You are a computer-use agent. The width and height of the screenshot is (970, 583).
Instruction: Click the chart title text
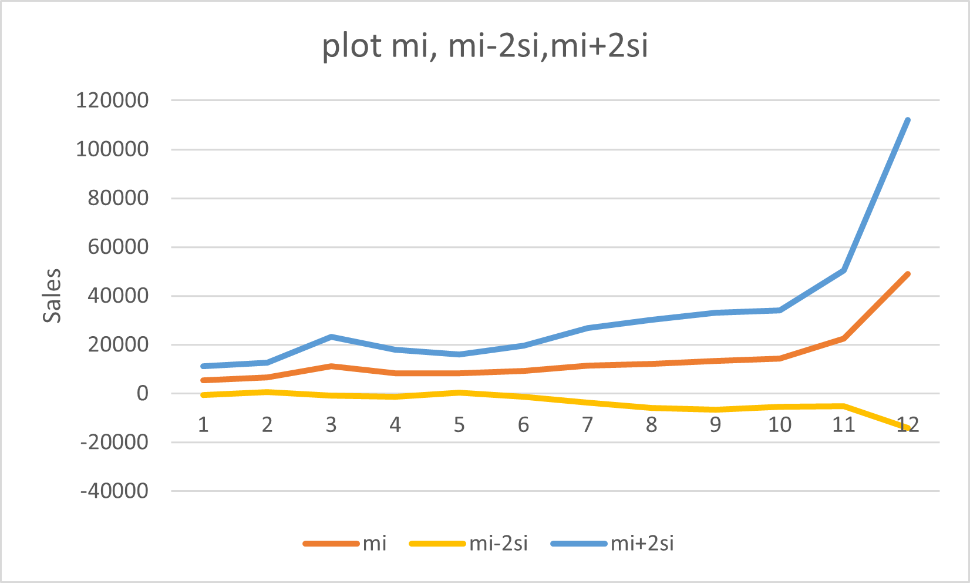pos(485,46)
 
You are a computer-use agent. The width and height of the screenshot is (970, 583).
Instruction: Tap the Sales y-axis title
pos(52,296)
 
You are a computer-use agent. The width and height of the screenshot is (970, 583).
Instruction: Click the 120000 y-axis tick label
pos(112,100)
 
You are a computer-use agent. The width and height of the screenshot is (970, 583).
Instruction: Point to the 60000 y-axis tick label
pos(118,247)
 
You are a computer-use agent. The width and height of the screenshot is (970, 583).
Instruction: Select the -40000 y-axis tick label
pos(114,491)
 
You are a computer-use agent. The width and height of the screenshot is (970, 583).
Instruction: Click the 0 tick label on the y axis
pos(143,393)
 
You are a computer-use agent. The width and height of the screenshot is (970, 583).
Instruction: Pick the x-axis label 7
pos(587,424)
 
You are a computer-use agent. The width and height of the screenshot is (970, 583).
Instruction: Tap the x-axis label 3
pos(331,424)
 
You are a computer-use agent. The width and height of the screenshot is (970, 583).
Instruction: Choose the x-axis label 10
pos(779,424)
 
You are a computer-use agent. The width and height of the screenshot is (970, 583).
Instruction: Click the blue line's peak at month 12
pos(908,120)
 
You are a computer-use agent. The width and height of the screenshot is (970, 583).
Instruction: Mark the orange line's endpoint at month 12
pos(908,274)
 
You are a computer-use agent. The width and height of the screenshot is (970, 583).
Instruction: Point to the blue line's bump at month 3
pos(331,337)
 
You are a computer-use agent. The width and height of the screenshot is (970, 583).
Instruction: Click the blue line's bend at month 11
pos(844,270)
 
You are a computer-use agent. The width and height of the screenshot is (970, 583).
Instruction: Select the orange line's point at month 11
pos(844,339)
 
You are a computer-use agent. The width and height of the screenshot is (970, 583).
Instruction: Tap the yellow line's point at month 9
pos(715,410)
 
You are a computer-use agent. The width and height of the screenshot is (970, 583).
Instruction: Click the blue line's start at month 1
pos(203,366)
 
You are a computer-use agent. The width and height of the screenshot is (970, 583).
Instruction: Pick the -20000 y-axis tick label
pos(114,442)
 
